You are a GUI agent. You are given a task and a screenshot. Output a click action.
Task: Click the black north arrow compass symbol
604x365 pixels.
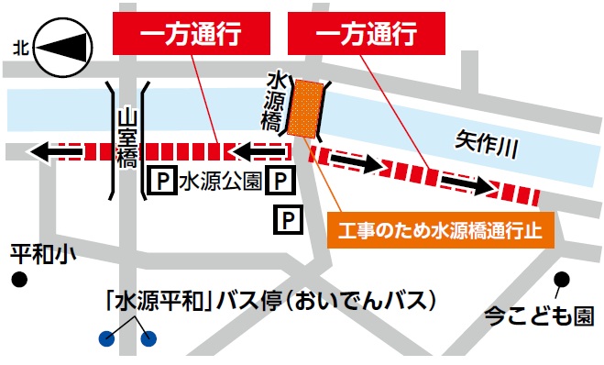(x=66, y=46)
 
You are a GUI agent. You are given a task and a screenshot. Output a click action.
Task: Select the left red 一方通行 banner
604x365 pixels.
(x=191, y=36)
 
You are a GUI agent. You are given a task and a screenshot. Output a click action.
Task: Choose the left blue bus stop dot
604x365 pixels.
(x=108, y=339)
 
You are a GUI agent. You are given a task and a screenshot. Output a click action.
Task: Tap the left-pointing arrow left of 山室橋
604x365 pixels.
(x=53, y=151)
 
